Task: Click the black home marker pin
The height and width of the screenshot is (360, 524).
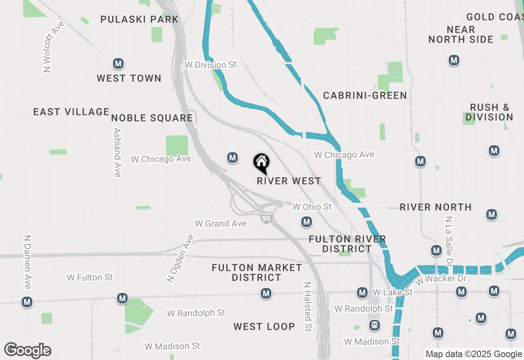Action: click(x=261, y=163)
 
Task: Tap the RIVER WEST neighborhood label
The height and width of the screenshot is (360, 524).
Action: click(x=289, y=181)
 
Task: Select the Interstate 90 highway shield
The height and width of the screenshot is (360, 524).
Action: click(x=266, y=218)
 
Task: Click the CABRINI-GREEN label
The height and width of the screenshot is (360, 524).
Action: click(x=365, y=96)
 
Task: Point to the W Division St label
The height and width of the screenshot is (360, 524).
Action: click(x=211, y=65)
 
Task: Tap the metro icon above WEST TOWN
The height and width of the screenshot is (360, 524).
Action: click(x=118, y=64)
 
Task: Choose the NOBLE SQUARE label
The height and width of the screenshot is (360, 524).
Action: click(x=152, y=118)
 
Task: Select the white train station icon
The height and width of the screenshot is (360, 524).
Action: click(x=374, y=325)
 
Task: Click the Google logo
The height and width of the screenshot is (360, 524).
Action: click(x=27, y=350)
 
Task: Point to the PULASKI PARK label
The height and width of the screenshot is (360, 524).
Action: click(x=140, y=19)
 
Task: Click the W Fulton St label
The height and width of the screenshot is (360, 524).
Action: click(x=90, y=277)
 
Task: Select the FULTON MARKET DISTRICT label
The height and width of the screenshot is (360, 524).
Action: click(x=257, y=272)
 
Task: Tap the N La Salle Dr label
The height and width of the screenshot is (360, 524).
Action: click(x=449, y=241)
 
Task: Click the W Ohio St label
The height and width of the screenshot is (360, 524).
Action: click(x=312, y=207)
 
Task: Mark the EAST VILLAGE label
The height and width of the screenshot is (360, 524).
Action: click(x=71, y=112)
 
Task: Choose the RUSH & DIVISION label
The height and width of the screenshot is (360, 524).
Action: click(x=489, y=112)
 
